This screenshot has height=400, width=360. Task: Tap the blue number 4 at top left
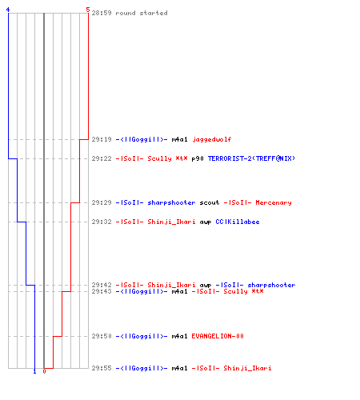pyautogui.click(x=8, y=10)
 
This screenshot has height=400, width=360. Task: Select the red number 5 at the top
pyautogui.click(x=88, y=10)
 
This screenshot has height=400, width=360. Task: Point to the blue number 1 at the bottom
pyautogui.click(x=34, y=371)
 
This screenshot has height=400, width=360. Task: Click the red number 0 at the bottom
pyautogui.click(x=44, y=371)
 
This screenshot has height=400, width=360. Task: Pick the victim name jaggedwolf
pyautogui.click(x=212, y=139)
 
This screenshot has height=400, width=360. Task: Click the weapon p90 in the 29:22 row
pyautogui.click(x=198, y=158)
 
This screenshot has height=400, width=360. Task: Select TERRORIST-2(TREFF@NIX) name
pyautogui.click(x=251, y=158)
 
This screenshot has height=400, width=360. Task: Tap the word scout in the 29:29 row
pyautogui.click(x=210, y=202)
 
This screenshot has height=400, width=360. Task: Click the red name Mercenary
pyautogui.click(x=274, y=202)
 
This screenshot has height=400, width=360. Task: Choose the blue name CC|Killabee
pyautogui.click(x=238, y=222)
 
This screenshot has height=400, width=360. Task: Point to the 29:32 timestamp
pyautogui.click(x=102, y=222)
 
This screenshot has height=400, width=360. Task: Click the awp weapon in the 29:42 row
pyautogui.click(x=206, y=285)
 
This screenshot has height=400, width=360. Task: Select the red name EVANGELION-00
pyautogui.click(x=218, y=336)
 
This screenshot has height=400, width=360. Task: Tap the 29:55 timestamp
pyautogui.click(x=102, y=368)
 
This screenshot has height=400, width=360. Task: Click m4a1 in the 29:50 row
pyautogui.click(x=179, y=336)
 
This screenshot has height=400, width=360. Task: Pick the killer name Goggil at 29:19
pyautogui.click(x=142, y=139)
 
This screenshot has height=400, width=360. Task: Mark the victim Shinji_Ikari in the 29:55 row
pyautogui.click(x=247, y=368)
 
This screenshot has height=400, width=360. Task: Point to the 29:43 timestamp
pyautogui.click(x=102, y=291)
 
